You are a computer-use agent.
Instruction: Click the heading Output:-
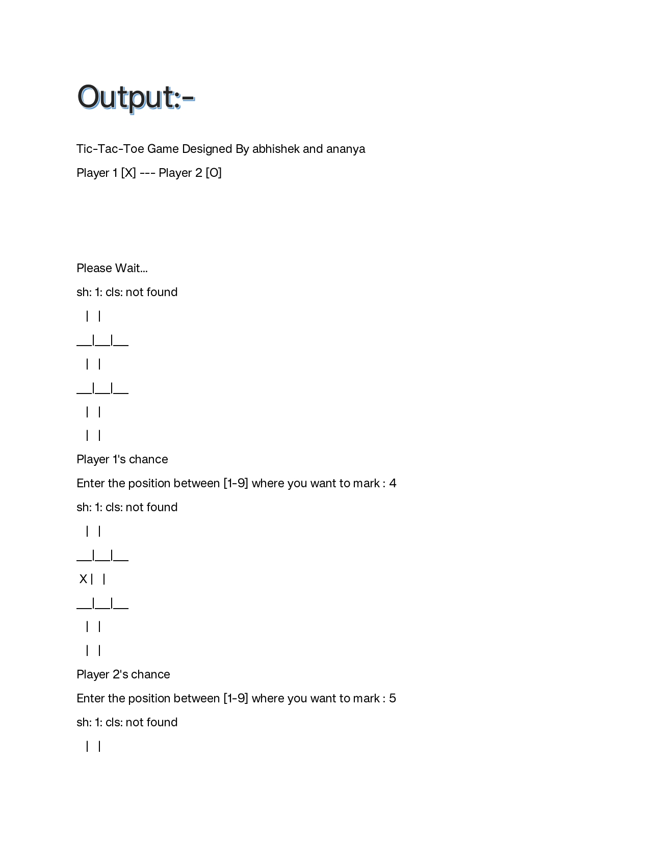tap(136, 97)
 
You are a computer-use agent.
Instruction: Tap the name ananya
tap(346, 149)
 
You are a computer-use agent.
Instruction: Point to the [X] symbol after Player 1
tap(128, 173)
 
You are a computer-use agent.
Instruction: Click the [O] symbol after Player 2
tap(214, 173)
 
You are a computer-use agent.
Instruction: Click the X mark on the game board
tap(83, 579)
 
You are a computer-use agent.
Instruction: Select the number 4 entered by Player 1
tap(393, 483)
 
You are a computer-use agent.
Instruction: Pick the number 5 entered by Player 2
tap(393, 698)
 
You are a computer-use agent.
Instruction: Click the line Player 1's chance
tap(122, 459)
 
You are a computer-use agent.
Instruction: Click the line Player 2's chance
tap(123, 674)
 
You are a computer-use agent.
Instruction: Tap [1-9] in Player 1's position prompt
tap(236, 483)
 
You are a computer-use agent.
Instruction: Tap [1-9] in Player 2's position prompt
tap(236, 698)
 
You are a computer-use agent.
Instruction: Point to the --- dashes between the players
tap(147, 173)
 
